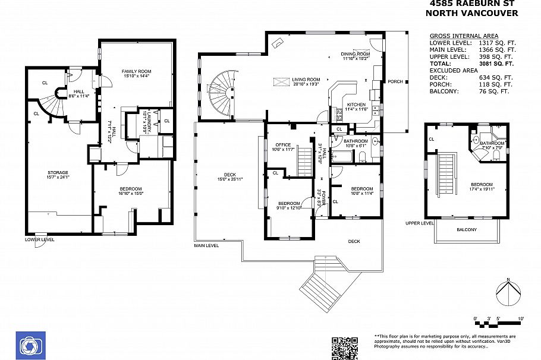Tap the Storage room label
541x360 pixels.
click(x=58, y=173)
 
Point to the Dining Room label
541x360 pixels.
click(x=355, y=55)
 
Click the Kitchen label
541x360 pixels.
click(x=356, y=105)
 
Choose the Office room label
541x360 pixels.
click(x=282, y=145)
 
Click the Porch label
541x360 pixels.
click(x=395, y=81)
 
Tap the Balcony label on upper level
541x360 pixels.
click(x=466, y=229)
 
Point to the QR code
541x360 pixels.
click(x=345, y=348)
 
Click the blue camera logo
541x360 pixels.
click(x=28, y=345)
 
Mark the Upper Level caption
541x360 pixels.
click(x=420, y=223)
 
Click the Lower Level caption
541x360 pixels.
click(x=39, y=239)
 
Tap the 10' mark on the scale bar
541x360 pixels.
click(x=521, y=319)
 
